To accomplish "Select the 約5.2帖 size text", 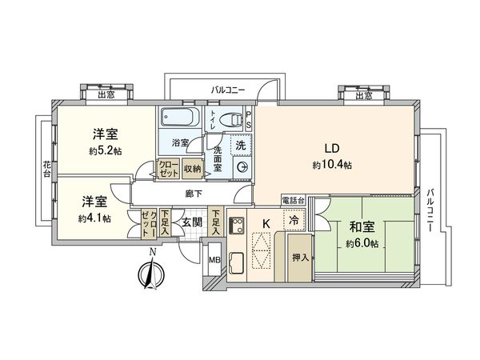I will [x=105, y=150].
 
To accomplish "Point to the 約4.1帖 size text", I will [x=95, y=218].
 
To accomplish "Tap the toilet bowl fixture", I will [x=233, y=121].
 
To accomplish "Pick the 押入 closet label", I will [x=298, y=258].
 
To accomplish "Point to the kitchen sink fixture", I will [x=238, y=262].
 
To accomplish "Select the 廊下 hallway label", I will [x=190, y=193].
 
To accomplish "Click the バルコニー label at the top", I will [x=229, y=90].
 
